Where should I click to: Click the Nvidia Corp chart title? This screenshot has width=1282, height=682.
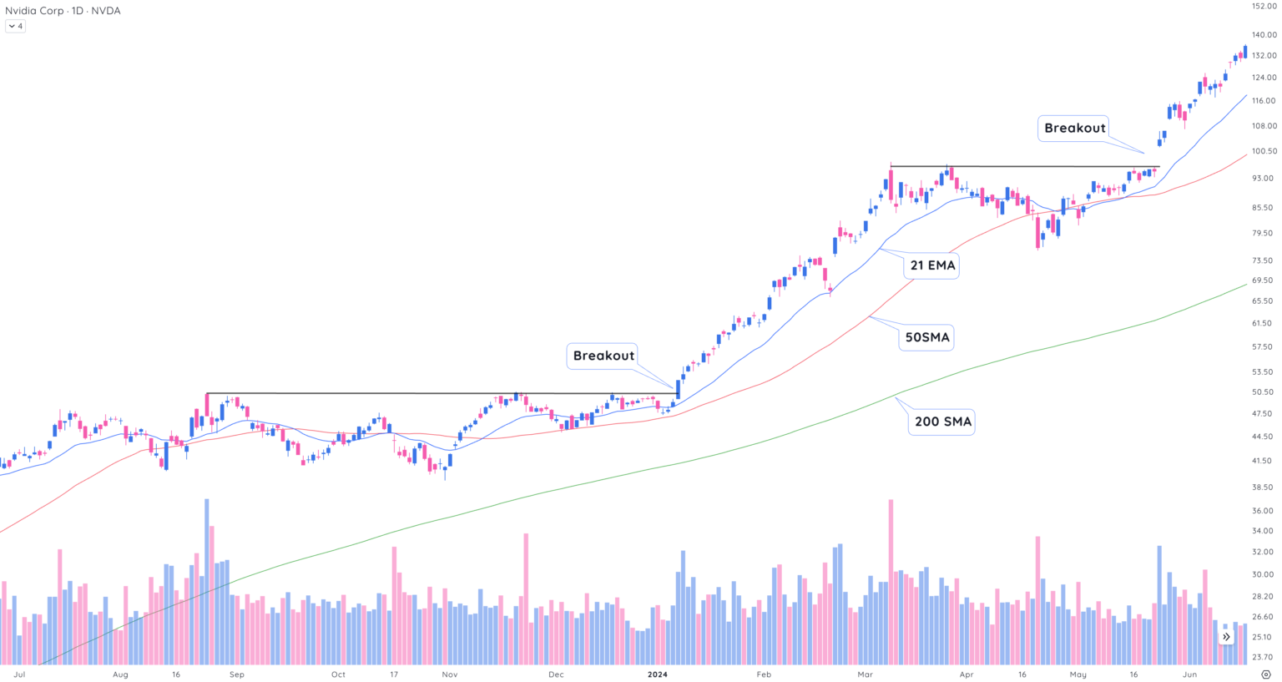pos(63,11)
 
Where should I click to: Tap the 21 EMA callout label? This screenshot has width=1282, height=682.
pos(931,265)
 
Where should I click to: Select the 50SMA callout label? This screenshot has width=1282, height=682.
pos(927,337)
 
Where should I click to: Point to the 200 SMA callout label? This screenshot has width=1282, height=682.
pos(942,422)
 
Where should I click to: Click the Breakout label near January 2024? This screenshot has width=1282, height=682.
pos(603,356)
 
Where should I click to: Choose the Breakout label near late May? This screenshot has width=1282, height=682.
pos(1074,128)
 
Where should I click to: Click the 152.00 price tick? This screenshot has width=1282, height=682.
pos(1264,6)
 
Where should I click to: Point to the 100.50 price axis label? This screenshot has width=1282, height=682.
pos(1264,151)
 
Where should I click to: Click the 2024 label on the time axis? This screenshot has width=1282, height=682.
pos(657,674)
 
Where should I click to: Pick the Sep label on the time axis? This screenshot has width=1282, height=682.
pos(237,674)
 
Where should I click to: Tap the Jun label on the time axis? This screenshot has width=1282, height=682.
pos(1189,674)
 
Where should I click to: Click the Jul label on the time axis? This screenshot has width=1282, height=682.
pos(19,674)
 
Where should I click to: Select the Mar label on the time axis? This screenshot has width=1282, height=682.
pos(865,674)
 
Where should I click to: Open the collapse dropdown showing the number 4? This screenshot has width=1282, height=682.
pos(15,26)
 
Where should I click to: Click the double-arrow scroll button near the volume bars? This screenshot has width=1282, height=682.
pos(1226,637)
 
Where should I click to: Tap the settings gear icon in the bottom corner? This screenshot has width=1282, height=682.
pos(1266,674)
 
